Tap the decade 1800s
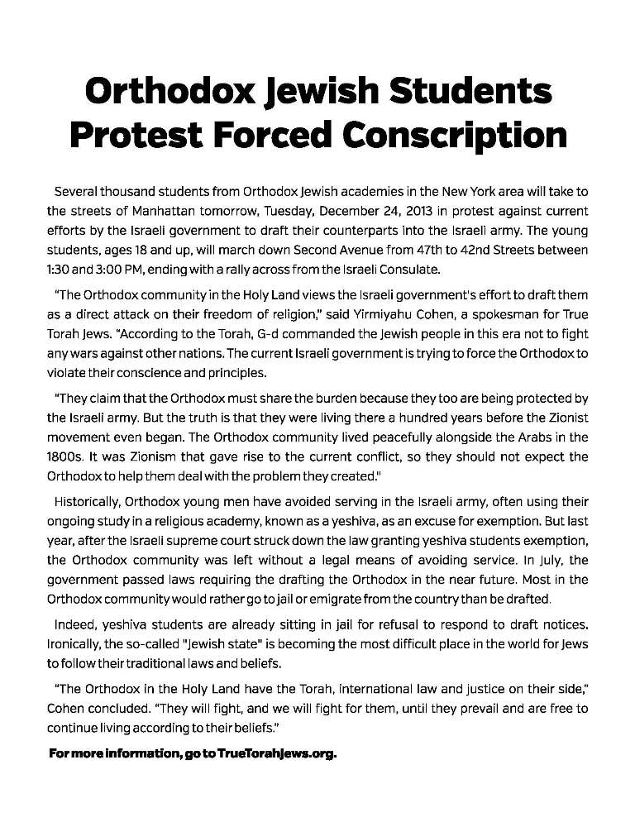click(x=60, y=456)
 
